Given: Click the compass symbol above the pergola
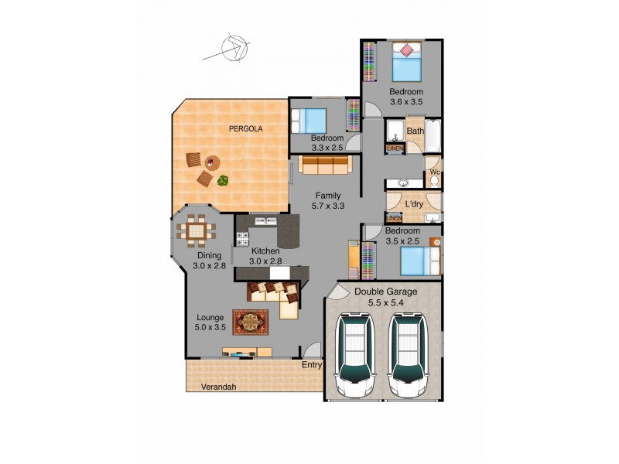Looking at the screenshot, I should tap(231, 49).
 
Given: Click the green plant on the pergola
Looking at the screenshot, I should tap(223, 181).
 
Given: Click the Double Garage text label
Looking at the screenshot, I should tap(385, 292).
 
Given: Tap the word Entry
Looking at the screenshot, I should tap(312, 365).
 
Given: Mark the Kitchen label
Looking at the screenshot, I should tap(265, 251).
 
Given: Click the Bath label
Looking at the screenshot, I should tap(416, 131).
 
